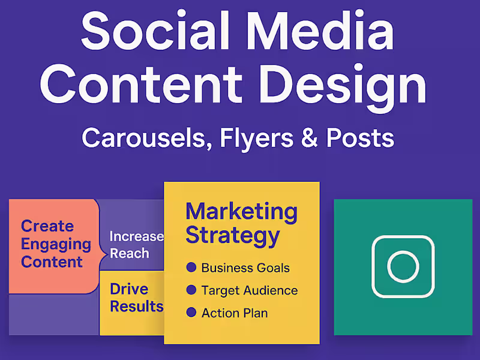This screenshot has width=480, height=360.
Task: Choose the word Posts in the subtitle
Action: point(360,138)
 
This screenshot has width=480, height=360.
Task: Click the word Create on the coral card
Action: point(47,226)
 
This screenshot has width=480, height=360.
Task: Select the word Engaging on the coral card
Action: point(56,244)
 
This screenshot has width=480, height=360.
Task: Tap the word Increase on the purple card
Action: point(136,236)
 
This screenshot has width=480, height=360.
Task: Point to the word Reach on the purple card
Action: point(129,253)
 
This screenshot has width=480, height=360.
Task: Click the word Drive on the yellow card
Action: point(129,289)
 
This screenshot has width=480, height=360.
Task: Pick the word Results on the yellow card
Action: point(136,306)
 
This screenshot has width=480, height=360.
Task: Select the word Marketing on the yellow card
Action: point(241,211)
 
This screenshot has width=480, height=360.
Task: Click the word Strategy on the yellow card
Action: point(232,235)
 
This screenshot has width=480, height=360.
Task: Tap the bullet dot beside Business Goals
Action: point(191,268)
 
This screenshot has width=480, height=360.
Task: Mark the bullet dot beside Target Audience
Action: point(191,290)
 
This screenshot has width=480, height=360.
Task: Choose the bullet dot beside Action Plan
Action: point(191,313)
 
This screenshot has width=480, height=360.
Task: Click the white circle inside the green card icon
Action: point(403,267)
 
